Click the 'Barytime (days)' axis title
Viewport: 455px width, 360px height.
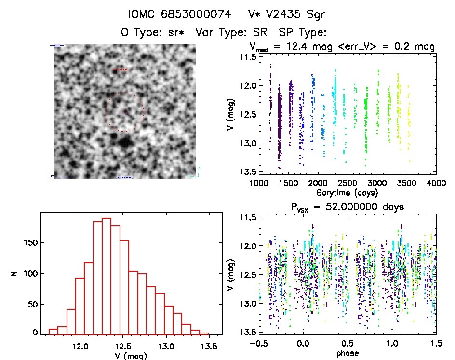point(347,193)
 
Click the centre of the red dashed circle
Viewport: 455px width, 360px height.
point(124,112)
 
